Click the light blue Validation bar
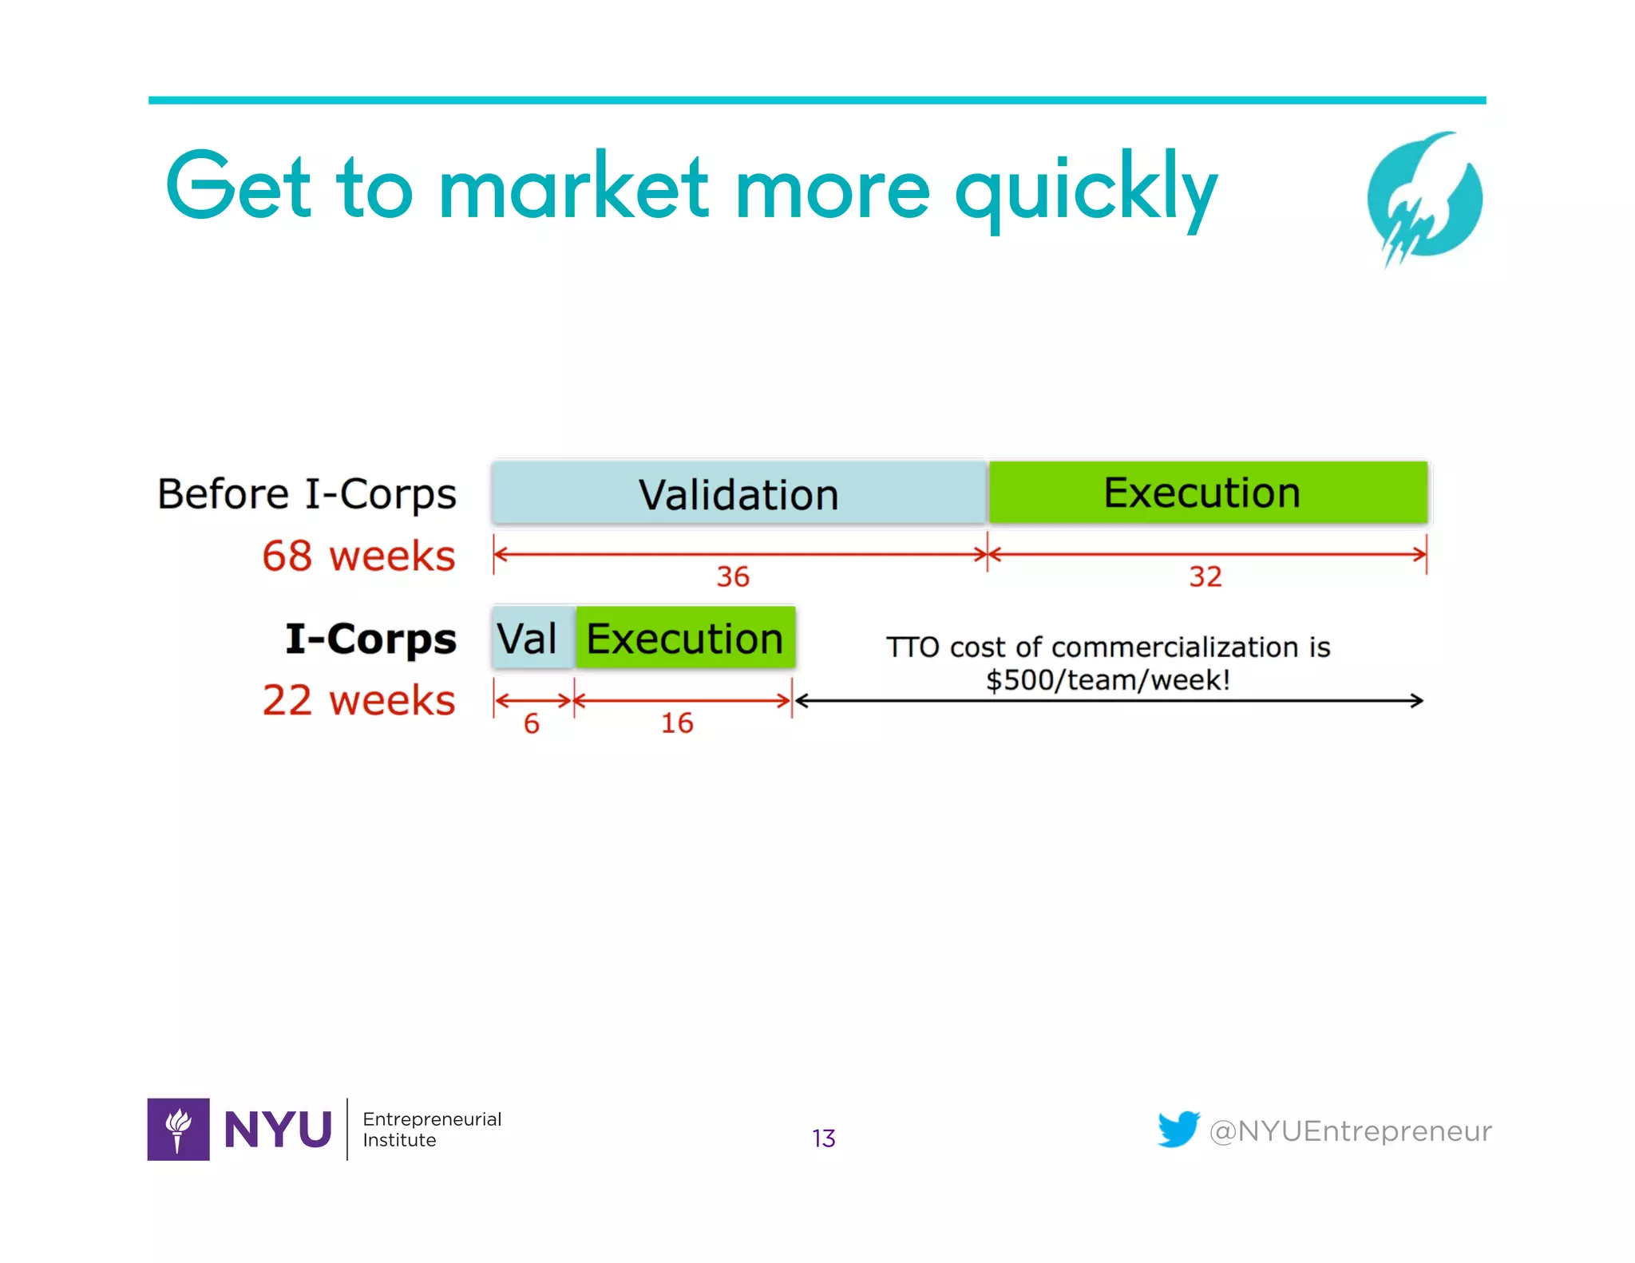pyautogui.click(x=738, y=493)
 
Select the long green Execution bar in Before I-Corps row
pyautogui.click(x=1207, y=492)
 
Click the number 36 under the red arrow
pyautogui.click(x=732, y=576)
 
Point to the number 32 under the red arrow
pyautogui.click(x=1205, y=576)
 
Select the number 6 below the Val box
pyautogui.click(x=532, y=723)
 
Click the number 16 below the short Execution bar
pyautogui.click(x=677, y=723)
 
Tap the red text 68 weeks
pyautogui.click(x=358, y=556)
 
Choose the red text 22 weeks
pyautogui.click(x=358, y=700)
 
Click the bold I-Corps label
pyautogui.click(x=370, y=639)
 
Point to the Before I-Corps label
pyautogui.click(x=307, y=493)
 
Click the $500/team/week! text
pyautogui.click(x=1108, y=680)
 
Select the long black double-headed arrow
pyautogui.click(x=1110, y=701)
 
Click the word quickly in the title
pyautogui.click(x=1086, y=188)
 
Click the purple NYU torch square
pyautogui.click(x=178, y=1129)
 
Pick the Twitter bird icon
pyautogui.click(x=1178, y=1129)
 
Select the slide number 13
pyautogui.click(x=823, y=1138)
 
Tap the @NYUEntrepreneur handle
pyautogui.click(x=1350, y=1131)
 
